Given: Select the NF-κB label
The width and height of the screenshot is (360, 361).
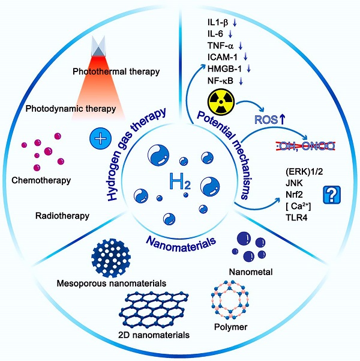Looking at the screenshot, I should point(219,79).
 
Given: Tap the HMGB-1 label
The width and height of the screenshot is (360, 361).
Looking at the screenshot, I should point(222,68).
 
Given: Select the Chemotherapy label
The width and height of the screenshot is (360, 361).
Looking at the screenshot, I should point(46,180).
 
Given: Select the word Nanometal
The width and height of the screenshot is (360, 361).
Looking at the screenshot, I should point(254,272).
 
